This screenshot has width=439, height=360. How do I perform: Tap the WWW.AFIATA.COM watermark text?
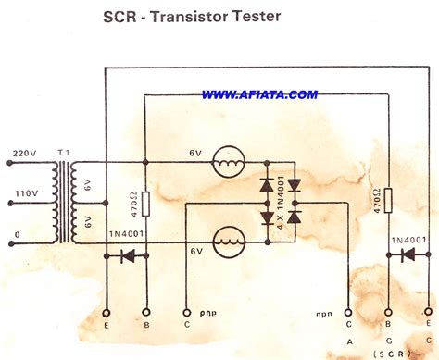[259, 93]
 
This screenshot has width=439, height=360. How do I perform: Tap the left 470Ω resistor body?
[145, 206]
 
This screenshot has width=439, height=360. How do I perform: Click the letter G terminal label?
[387, 339]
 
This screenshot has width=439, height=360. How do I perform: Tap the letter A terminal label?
[348, 339]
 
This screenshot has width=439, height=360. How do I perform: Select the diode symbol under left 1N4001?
[129, 255]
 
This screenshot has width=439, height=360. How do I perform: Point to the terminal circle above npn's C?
[348, 313]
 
